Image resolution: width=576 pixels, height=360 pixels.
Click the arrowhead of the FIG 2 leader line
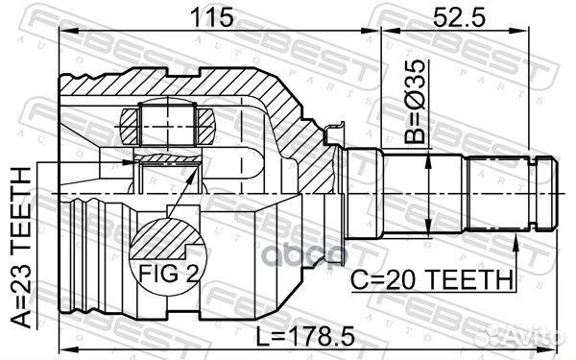197,175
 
